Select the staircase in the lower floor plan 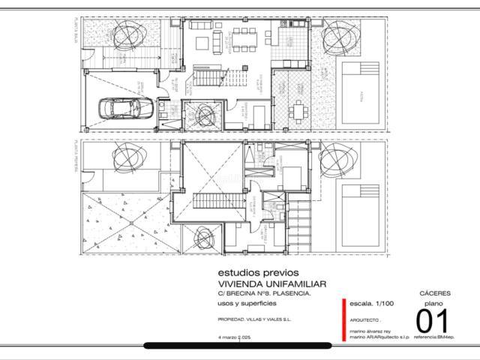click(212, 201)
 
